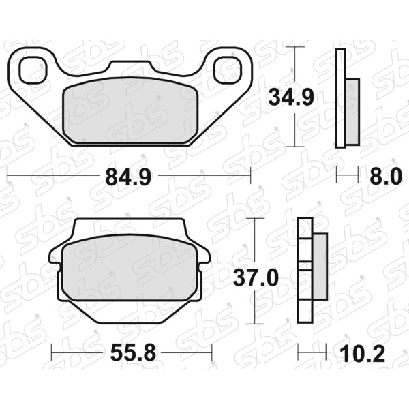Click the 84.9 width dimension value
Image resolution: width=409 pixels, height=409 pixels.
[x=128, y=177]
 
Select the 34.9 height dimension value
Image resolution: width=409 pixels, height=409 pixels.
[x=291, y=97]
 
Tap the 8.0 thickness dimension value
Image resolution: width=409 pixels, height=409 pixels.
[x=386, y=177]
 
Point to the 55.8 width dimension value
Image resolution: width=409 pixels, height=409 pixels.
[x=133, y=352]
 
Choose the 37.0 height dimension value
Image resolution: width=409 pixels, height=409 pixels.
[x=256, y=278]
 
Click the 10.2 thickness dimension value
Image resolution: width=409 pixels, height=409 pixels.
[x=363, y=354]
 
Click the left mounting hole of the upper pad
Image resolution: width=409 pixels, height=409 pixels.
[x=33, y=70]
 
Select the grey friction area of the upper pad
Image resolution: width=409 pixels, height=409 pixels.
[x=131, y=110]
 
